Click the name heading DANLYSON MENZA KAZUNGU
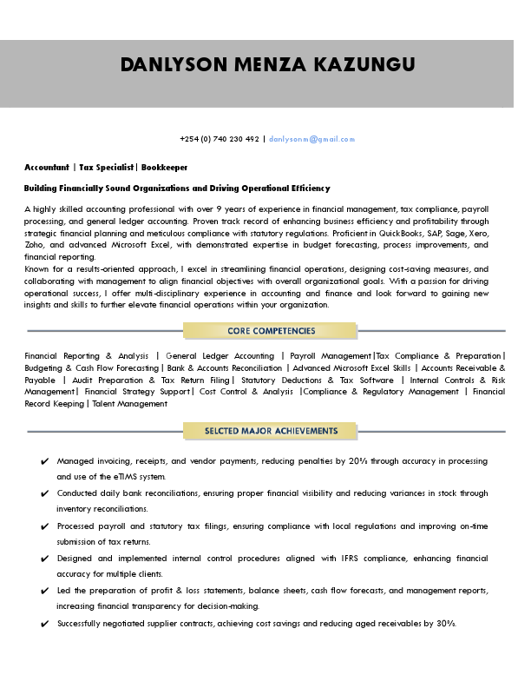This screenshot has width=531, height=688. tap(267, 65)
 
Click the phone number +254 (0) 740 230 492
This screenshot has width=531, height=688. tap(219, 139)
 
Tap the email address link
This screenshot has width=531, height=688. tap(311, 139)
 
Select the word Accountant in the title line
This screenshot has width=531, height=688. tap(46, 166)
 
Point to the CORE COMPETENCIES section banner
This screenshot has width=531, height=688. tap(271, 331)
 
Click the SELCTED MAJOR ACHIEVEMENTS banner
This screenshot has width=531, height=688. tap(271, 431)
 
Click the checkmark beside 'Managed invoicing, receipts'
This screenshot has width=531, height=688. tap(44, 461)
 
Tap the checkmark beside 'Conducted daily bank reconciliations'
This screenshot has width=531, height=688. tap(44, 493)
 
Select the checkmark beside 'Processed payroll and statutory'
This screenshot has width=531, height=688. tap(44, 526)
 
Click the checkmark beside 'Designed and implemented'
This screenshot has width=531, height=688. tap(44, 559)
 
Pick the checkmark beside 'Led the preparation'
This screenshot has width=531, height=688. tap(44, 591)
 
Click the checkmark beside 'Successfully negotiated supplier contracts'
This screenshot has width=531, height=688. tap(44, 624)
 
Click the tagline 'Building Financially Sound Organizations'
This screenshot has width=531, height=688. tap(177, 188)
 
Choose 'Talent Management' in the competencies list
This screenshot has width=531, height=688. tap(129, 404)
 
